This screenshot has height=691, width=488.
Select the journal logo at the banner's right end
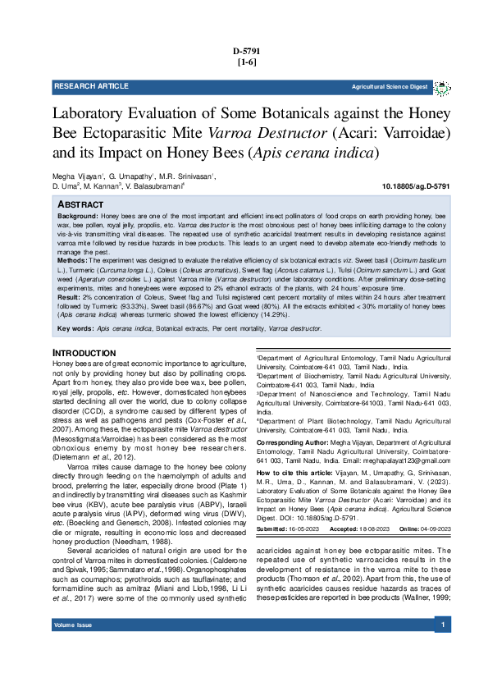[x=441, y=86]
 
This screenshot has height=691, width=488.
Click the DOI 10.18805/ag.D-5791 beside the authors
[x=416, y=187]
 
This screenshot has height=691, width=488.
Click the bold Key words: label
[x=75, y=328]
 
